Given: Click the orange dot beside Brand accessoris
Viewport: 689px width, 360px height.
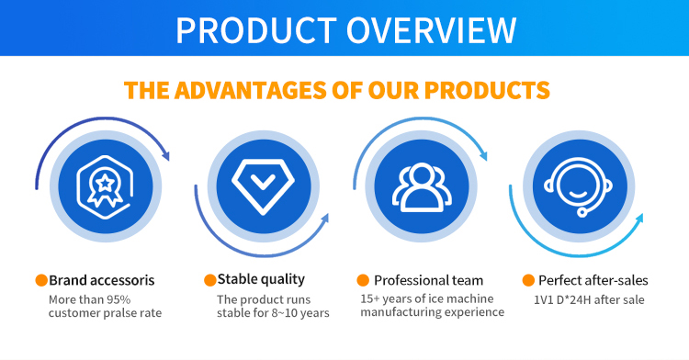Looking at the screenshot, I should [41, 280].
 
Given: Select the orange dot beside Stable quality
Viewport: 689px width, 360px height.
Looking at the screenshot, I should [209, 279].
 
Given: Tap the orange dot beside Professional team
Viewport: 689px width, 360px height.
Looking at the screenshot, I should [363, 280].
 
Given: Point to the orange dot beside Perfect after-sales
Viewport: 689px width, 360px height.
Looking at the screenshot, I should [528, 280].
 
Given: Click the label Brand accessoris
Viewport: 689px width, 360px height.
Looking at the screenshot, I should [101, 280].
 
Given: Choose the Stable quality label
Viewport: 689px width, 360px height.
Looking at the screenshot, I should [261, 279].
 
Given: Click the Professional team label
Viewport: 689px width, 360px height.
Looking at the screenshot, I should [428, 280].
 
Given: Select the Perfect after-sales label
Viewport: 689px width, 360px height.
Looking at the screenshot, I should [593, 280].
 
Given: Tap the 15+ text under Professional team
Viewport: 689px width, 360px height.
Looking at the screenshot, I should [371, 298].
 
